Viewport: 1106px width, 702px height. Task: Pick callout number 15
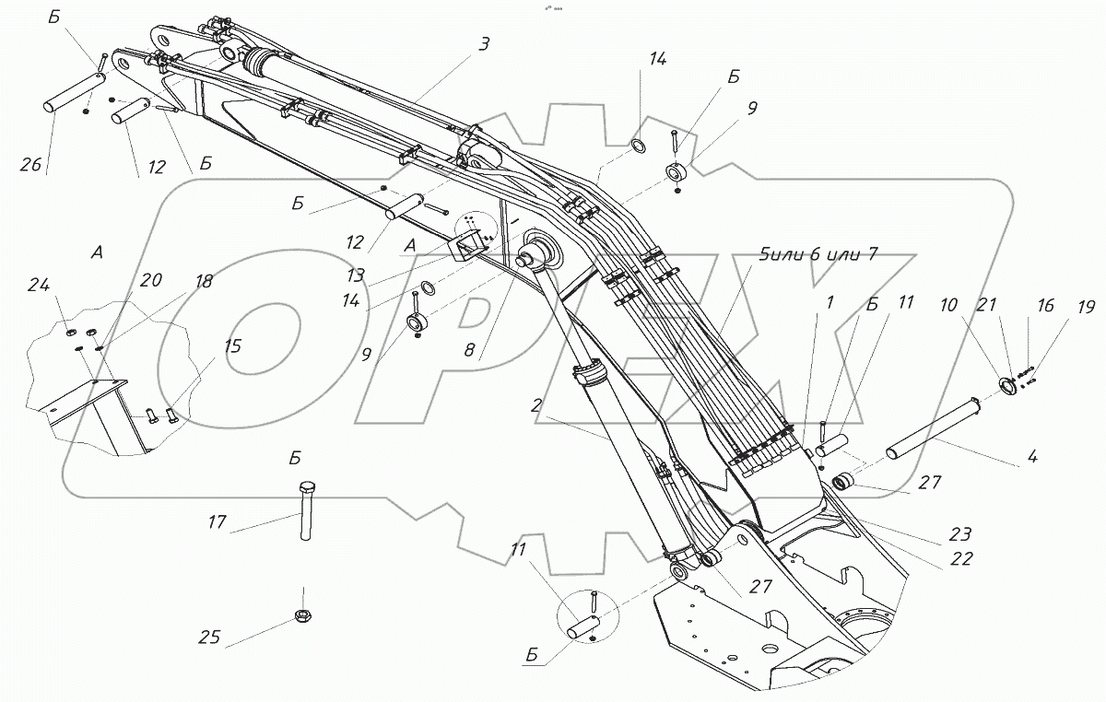click(x=233, y=347)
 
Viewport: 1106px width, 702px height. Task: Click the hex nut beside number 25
click(x=303, y=615)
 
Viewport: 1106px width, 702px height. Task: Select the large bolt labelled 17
click(x=305, y=516)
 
